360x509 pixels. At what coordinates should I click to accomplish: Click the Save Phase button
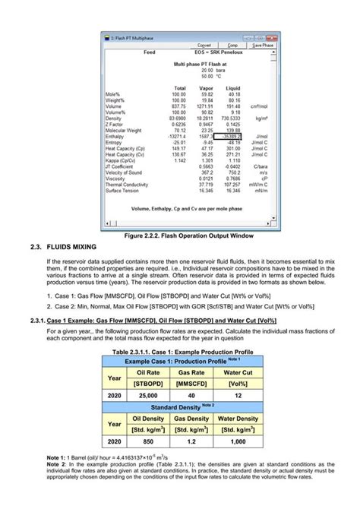pyautogui.click(x=263, y=45)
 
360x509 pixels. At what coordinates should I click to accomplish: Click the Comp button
pyautogui.click(x=232, y=45)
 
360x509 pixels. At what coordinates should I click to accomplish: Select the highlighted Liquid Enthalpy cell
pyautogui.click(x=228, y=135)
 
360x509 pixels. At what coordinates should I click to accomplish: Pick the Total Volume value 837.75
pyautogui.click(x=178, y=106)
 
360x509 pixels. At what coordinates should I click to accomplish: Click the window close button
pyautogui.click(x=270, y=37)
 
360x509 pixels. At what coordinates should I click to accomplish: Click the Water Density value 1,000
pyautogui.click(x=237, y=441)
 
